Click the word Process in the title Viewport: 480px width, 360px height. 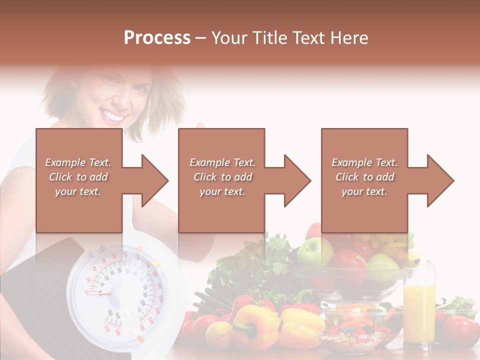157,38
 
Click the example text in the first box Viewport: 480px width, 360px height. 78,177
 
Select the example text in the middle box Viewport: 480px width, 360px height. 222,177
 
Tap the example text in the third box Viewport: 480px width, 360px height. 364,177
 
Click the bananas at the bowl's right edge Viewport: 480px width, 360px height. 405,252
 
